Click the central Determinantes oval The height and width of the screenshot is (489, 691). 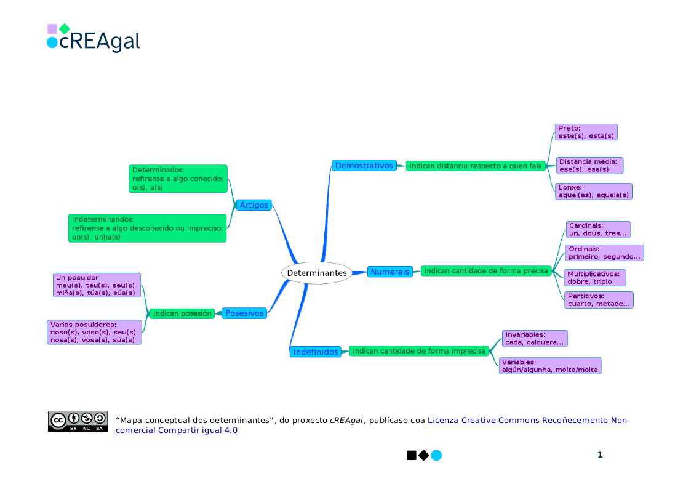(317, 273)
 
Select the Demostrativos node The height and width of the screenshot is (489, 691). (364, 166)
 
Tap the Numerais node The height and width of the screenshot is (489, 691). (390, 272)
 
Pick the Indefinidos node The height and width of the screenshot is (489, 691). (316, 352)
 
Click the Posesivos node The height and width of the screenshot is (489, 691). (244, 313)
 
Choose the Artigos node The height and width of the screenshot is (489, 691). (254, 205)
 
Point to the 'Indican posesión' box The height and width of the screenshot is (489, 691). (182, 313)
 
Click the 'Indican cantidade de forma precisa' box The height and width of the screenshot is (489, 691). (486, 271)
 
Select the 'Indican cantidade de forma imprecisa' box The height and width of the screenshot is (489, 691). (419, 351)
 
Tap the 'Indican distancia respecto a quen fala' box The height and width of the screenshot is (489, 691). (476, 166)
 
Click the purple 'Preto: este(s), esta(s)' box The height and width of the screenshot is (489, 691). (586, 132)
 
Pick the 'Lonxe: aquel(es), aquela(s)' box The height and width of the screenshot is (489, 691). (593, 192)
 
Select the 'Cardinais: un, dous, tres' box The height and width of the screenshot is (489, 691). (598, 230)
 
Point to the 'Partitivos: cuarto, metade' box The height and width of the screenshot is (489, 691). (599, 300)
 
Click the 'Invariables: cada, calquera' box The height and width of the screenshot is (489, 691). (534, 339)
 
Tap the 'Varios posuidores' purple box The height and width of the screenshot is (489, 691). (94, 333)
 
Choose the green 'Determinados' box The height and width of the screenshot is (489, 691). (178, 179)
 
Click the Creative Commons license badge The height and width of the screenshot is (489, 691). (78, 421)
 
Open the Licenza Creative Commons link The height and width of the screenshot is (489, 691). (528, 421)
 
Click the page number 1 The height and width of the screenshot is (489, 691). (600, 455)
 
